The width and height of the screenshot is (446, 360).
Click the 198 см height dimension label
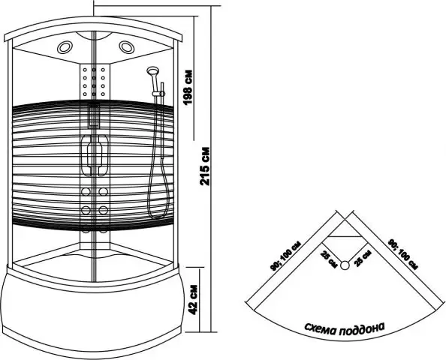pyautogui.click(x=188, y=88)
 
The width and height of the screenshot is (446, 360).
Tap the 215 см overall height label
pyautogui.click(x=204, y=166)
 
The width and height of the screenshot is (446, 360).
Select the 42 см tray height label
pyautogui.click(x=193, y=299)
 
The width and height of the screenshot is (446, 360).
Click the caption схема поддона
pyautogui.click(x=345, y=328)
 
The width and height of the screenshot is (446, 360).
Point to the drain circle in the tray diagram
pyautogui.click(x=345, y=265)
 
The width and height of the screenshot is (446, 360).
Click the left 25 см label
pyautogui.click(x=329, y=259)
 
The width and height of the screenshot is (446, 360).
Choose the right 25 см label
pyautogui.click(x=363, y=258)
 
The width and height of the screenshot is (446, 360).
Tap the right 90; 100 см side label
pyautogui.click(x=402, y=254)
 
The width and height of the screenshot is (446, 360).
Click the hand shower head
pyautogui.click(x=152, y=70)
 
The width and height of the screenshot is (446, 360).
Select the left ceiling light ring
pyautogui.click(x=65, y=47)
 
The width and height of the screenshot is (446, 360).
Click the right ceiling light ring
pyautogui.click(x=127, y=47)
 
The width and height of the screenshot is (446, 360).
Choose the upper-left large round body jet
pyautogui.click(x=86, y=191)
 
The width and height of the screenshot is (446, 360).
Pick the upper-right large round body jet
pyautogui.click(x=103, y=191)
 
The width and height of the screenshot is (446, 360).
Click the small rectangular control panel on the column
pyautogui.click(x=94, y=115)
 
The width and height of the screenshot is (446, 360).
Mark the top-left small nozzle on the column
pyautogui.click(x=85, y=70)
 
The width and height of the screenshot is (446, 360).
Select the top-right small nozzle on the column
pyautogui.click(x=103, y=70)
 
